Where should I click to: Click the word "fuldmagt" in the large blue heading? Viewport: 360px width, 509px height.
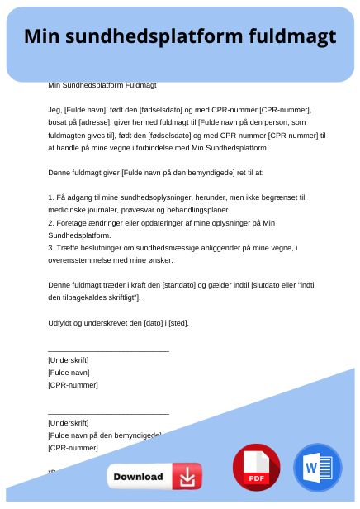pos(289,37)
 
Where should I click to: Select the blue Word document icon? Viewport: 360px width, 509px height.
pos(317,469)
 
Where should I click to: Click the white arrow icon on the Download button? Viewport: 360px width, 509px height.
pos(187,477)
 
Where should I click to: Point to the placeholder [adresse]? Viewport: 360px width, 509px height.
pos(91,121)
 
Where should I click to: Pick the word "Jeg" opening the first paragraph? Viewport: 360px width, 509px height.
pos(54,109)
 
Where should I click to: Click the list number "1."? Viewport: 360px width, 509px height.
pos(51,197)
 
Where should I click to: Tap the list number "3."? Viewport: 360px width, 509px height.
pos(51,247)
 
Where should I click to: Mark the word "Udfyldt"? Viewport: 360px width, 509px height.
pos(62,322)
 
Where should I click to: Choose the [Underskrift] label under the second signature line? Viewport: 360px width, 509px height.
pos(69,422)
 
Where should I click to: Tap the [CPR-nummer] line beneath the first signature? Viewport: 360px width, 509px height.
pos(73,385)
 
